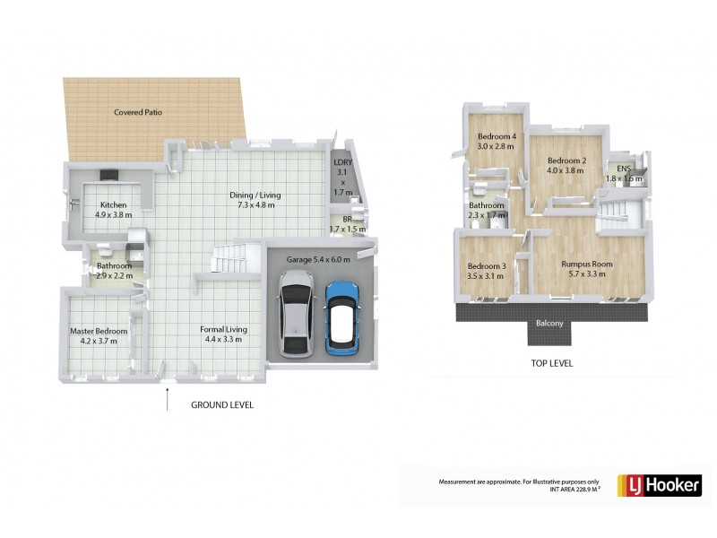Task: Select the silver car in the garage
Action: [295, 316]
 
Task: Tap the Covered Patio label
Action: [138, 113]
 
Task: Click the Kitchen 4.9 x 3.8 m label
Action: [114, 210]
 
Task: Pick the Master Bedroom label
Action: [99, 336]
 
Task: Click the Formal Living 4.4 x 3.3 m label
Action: [223, 334]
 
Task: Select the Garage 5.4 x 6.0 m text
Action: [319, 259]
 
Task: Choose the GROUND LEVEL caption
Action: [222, 405]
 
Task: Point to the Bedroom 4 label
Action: [496, 141]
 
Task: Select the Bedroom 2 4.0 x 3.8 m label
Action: [566, 166]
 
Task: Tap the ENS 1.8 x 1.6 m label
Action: [624, 173]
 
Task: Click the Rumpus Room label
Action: [587, 269]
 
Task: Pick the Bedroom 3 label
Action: [486, 271]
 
